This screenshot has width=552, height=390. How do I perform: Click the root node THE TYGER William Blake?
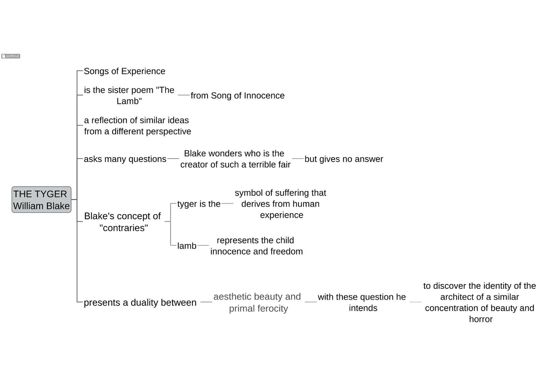41,200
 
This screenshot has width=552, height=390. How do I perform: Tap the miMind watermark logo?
11,56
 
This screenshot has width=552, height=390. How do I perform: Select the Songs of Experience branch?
124,71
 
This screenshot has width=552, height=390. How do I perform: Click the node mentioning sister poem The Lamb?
129,96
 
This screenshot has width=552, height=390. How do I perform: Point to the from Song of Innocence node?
238,96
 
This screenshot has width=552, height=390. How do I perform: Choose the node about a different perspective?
137,126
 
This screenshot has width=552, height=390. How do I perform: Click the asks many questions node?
125,159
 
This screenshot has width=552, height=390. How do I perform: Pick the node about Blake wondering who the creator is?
235,159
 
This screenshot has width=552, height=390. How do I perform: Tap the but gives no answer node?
344,159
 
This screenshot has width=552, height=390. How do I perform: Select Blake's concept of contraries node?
122,222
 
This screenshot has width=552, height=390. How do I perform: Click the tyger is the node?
199,204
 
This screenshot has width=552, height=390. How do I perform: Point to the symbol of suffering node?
281,204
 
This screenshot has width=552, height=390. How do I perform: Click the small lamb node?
187,246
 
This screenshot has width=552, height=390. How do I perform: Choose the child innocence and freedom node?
257,246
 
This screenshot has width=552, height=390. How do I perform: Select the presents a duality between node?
140,303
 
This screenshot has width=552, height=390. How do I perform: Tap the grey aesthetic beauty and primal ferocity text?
257,303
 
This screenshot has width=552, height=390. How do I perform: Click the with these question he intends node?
362,303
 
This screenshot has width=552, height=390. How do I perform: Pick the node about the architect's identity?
480,303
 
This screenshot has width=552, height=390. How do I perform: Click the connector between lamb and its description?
203,245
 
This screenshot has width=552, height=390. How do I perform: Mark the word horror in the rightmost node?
481,319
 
